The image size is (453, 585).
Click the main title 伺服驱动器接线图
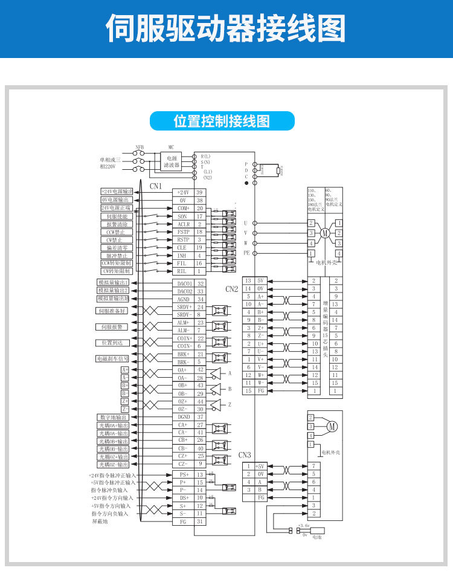click(226, 29)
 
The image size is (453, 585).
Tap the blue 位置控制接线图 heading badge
click(222, 121)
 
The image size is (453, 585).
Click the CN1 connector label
click(156, 186)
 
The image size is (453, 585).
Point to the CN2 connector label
click(232, 289)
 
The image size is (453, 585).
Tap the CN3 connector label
click(244, 454)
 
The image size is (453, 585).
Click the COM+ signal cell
click(183, 208)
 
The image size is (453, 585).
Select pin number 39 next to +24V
click(199, 192)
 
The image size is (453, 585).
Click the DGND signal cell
click(183, 417)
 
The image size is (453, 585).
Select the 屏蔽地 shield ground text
click(100, 521)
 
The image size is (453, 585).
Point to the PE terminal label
click(246, 253)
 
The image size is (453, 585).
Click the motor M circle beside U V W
click(324, 233)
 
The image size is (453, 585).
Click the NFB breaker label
click(140, 147)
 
